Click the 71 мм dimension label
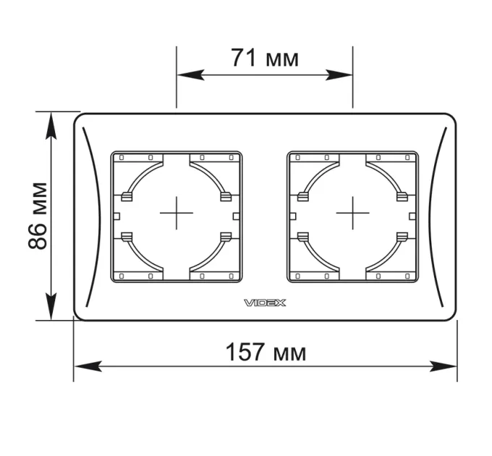[x=265, y=58]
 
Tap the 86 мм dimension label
[x=38, y=216]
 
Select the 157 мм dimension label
[x=266, y=352]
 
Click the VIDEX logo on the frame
[x=265, y=303]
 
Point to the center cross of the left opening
[x=177, y=213]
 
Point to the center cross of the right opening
[x=352, y=213]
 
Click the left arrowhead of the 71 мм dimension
[x=190, y=75]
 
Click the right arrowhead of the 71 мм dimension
[x=339, y=75]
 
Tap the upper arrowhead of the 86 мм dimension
[x=51, y=125]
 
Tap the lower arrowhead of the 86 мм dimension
[x=51, y=307]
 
